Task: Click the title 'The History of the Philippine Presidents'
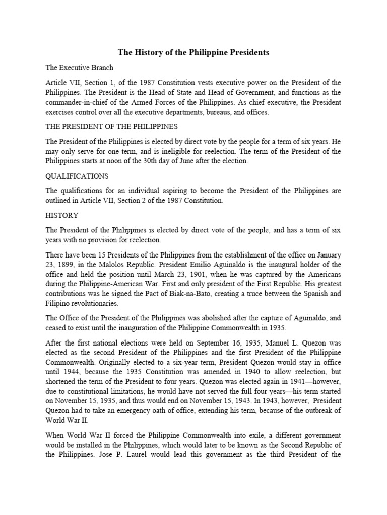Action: pyautogui.click(x=193, y=52)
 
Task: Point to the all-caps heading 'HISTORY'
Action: pyautogui.click(x=62, y=215)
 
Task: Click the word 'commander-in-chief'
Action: pyautogui.click(x=75, y=102)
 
